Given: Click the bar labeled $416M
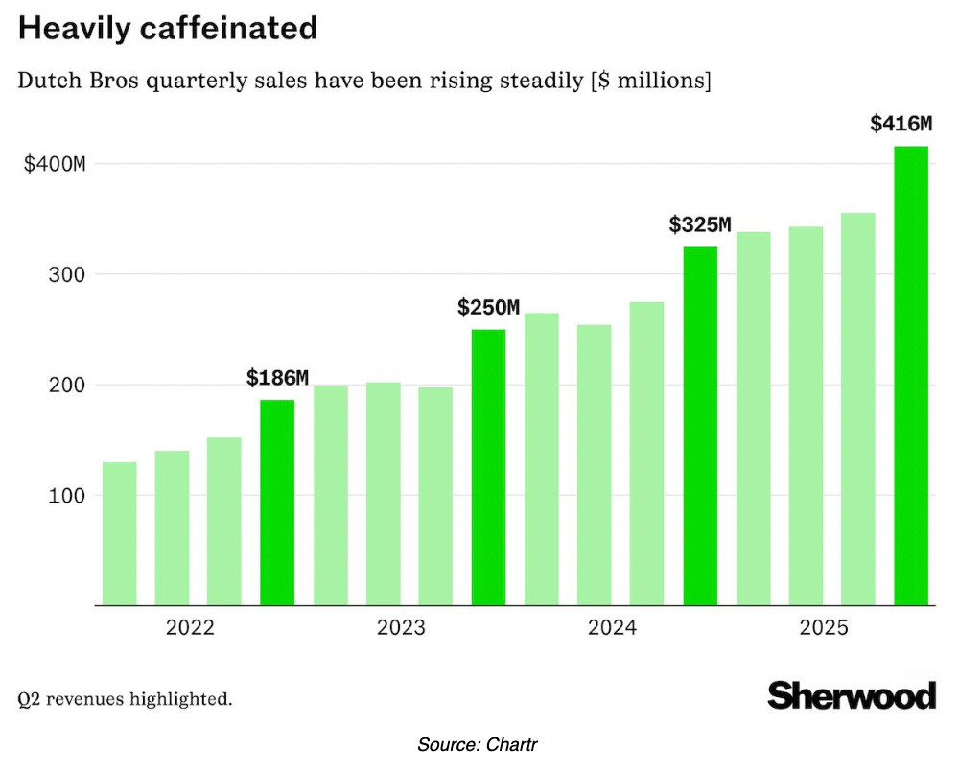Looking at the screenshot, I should (911, 376).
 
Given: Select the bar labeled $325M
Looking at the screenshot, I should (700, 426).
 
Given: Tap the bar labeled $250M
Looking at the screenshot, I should (488, 467).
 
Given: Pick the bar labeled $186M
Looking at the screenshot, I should (277, 503).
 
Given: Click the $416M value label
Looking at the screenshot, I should (901, 124).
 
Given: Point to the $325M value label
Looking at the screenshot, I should (700, 225).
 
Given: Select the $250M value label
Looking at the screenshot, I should (488, 308).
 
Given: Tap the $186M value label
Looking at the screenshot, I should (277, 378).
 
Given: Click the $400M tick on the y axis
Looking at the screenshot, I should (55, 164).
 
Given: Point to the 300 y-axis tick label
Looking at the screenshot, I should (69, 275).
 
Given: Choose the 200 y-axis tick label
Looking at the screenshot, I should (69, 386).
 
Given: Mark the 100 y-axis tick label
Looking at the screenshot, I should (69, 496).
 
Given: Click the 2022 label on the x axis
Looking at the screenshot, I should (190, 629).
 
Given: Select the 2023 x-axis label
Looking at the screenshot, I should (401, 629).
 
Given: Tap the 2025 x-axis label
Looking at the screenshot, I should (824, 629).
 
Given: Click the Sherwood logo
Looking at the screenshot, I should (852, 694).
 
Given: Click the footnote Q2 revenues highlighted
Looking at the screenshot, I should (125, 698).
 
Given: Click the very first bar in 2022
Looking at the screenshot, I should (119, 533).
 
